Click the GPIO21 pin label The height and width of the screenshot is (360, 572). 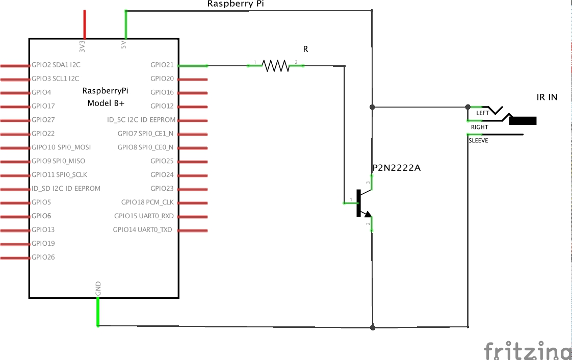(162, 65)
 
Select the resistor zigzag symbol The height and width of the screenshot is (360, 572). (275, 65)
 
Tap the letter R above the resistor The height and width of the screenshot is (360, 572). (306, 49)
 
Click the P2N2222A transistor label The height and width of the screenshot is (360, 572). (396, 168)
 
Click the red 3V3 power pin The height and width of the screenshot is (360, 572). (84, 24)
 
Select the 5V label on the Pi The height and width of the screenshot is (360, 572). (123, 45)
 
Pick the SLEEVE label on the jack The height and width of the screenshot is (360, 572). (478, 141)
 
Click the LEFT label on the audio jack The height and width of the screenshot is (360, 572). (482, 113)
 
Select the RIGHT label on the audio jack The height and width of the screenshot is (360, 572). (479, 127)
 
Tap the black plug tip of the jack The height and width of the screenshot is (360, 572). (523, 121)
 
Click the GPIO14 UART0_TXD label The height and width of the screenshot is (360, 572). (143, 230)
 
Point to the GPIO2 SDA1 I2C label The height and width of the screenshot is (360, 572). (56, 65)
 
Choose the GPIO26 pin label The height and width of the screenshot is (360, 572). (43, 258)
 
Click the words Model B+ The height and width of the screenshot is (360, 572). (106, 103)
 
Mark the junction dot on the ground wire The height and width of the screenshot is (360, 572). (373, 327)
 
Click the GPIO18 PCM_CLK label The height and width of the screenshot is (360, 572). (147, 202)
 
